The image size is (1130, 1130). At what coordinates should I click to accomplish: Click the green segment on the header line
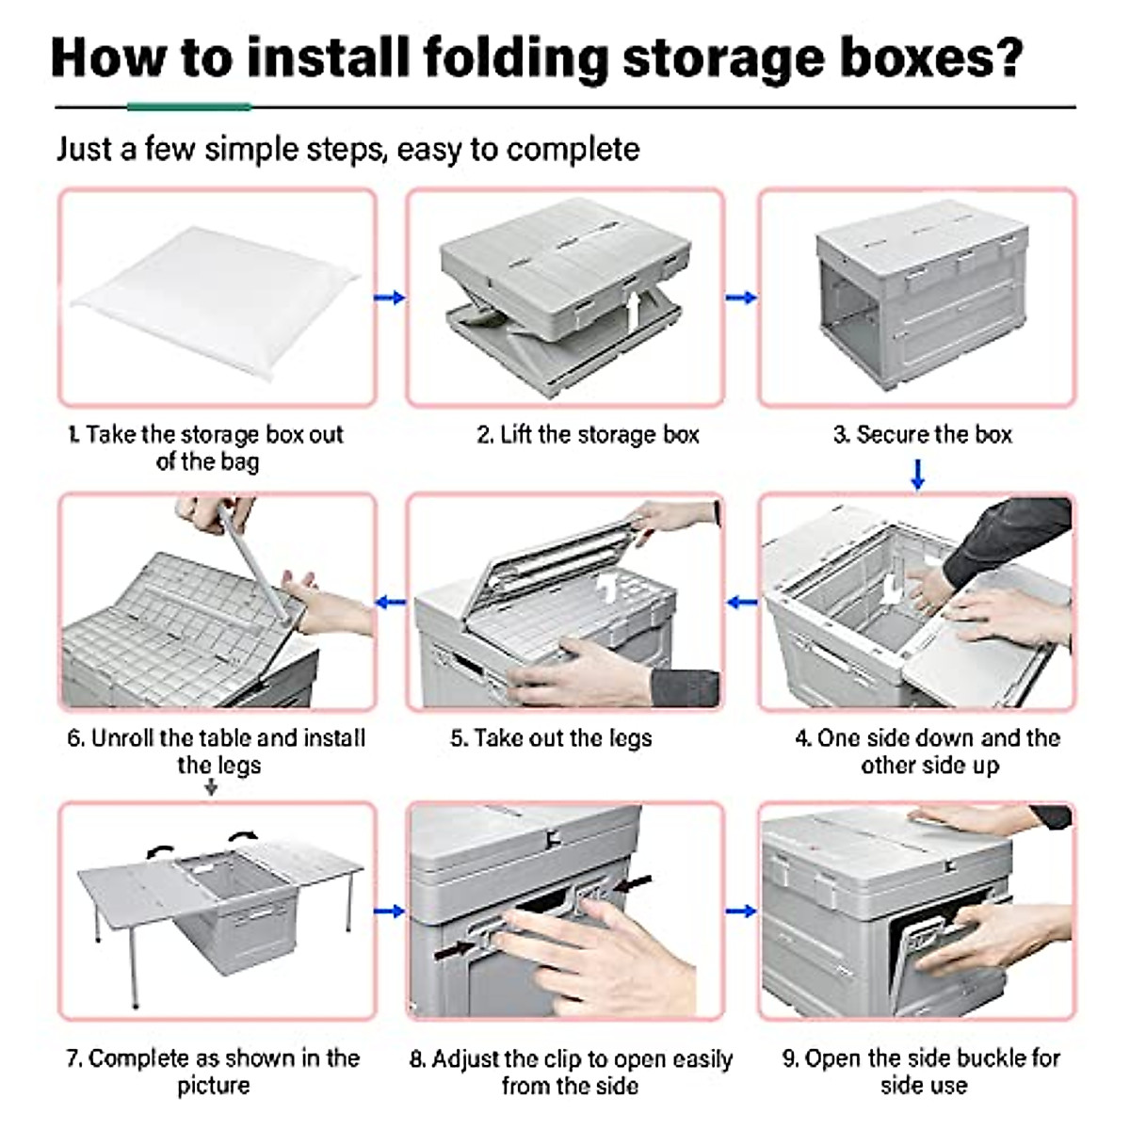pos(189,106)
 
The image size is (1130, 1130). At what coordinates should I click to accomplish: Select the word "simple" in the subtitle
pos(252,150)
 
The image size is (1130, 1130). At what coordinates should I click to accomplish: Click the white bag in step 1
pos(216,300)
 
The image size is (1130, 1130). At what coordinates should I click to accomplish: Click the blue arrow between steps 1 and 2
pos(390,298)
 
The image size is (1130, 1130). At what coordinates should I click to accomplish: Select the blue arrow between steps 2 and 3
pos(741,298)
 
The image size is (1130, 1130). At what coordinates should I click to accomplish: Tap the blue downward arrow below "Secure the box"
pos(918,474)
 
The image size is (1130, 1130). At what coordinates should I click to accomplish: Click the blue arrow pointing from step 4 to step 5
pos(741,603)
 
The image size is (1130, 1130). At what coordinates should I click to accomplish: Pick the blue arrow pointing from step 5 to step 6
pos(391,603)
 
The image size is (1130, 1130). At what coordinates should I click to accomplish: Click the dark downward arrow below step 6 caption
pos(211,787)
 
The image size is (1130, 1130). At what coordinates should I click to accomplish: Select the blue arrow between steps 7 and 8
pos(389,911)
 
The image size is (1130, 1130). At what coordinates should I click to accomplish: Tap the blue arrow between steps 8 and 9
pos(741,911)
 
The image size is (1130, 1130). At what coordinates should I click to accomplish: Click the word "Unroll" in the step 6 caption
pos(122,738)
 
